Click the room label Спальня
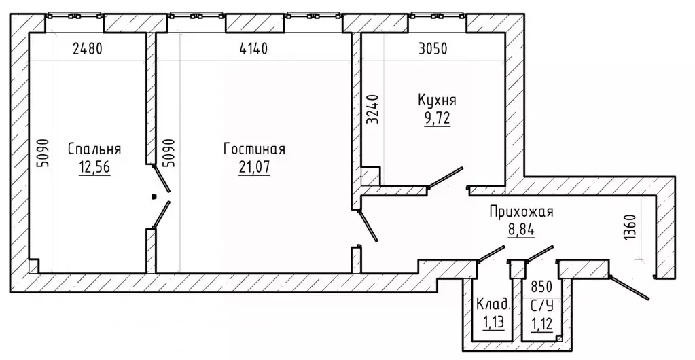tap(94, 149)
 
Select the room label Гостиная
tap(254, 149)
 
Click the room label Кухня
tap(437, 101)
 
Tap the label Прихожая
tap(521, 211)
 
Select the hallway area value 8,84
tap(521, 230)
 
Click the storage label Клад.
tap(493, 304)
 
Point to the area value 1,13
tap(493, 323)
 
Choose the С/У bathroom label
tap(541, 305)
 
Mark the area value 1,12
tap(541, 324)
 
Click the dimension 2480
tap(88, 49)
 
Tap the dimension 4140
tap(253, 49)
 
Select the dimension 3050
tap(433, 49)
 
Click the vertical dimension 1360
tap(630, 228)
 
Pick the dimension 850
tap(541, 287)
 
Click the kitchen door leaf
tap(445, 177)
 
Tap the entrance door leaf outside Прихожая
tap(629, 288)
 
